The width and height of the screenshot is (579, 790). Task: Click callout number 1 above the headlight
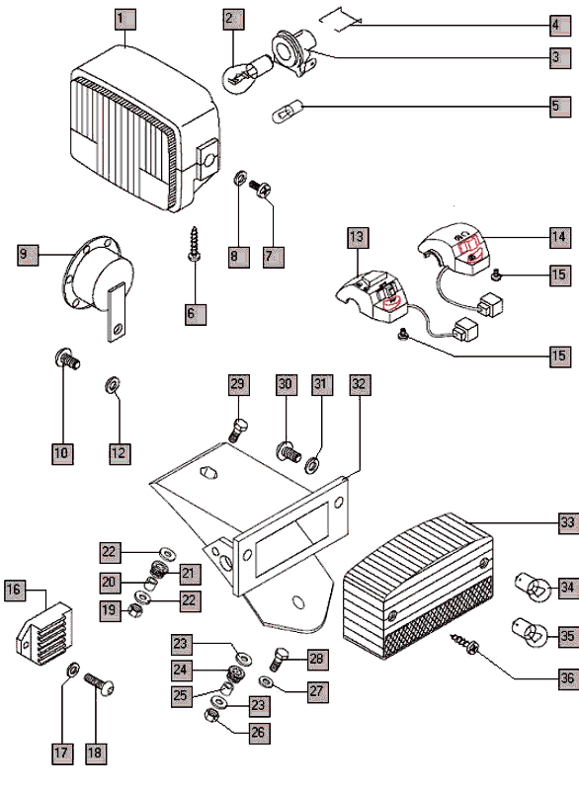[124, 19]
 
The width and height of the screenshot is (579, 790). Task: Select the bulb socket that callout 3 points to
[295, 52]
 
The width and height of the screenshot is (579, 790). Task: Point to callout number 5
[560, 107]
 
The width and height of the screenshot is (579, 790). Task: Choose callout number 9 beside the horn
[28, 255]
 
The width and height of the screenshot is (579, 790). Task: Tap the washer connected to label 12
[112, 385]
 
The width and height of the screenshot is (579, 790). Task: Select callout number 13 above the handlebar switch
[358, 238]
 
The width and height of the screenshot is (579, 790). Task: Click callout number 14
[560, 237]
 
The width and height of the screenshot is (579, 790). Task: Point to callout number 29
[238, 384]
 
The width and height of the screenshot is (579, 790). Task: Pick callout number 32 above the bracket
[360, 384]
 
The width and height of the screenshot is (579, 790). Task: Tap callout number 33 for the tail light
[568, 522]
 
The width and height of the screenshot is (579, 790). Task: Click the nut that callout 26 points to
[211, 715]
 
